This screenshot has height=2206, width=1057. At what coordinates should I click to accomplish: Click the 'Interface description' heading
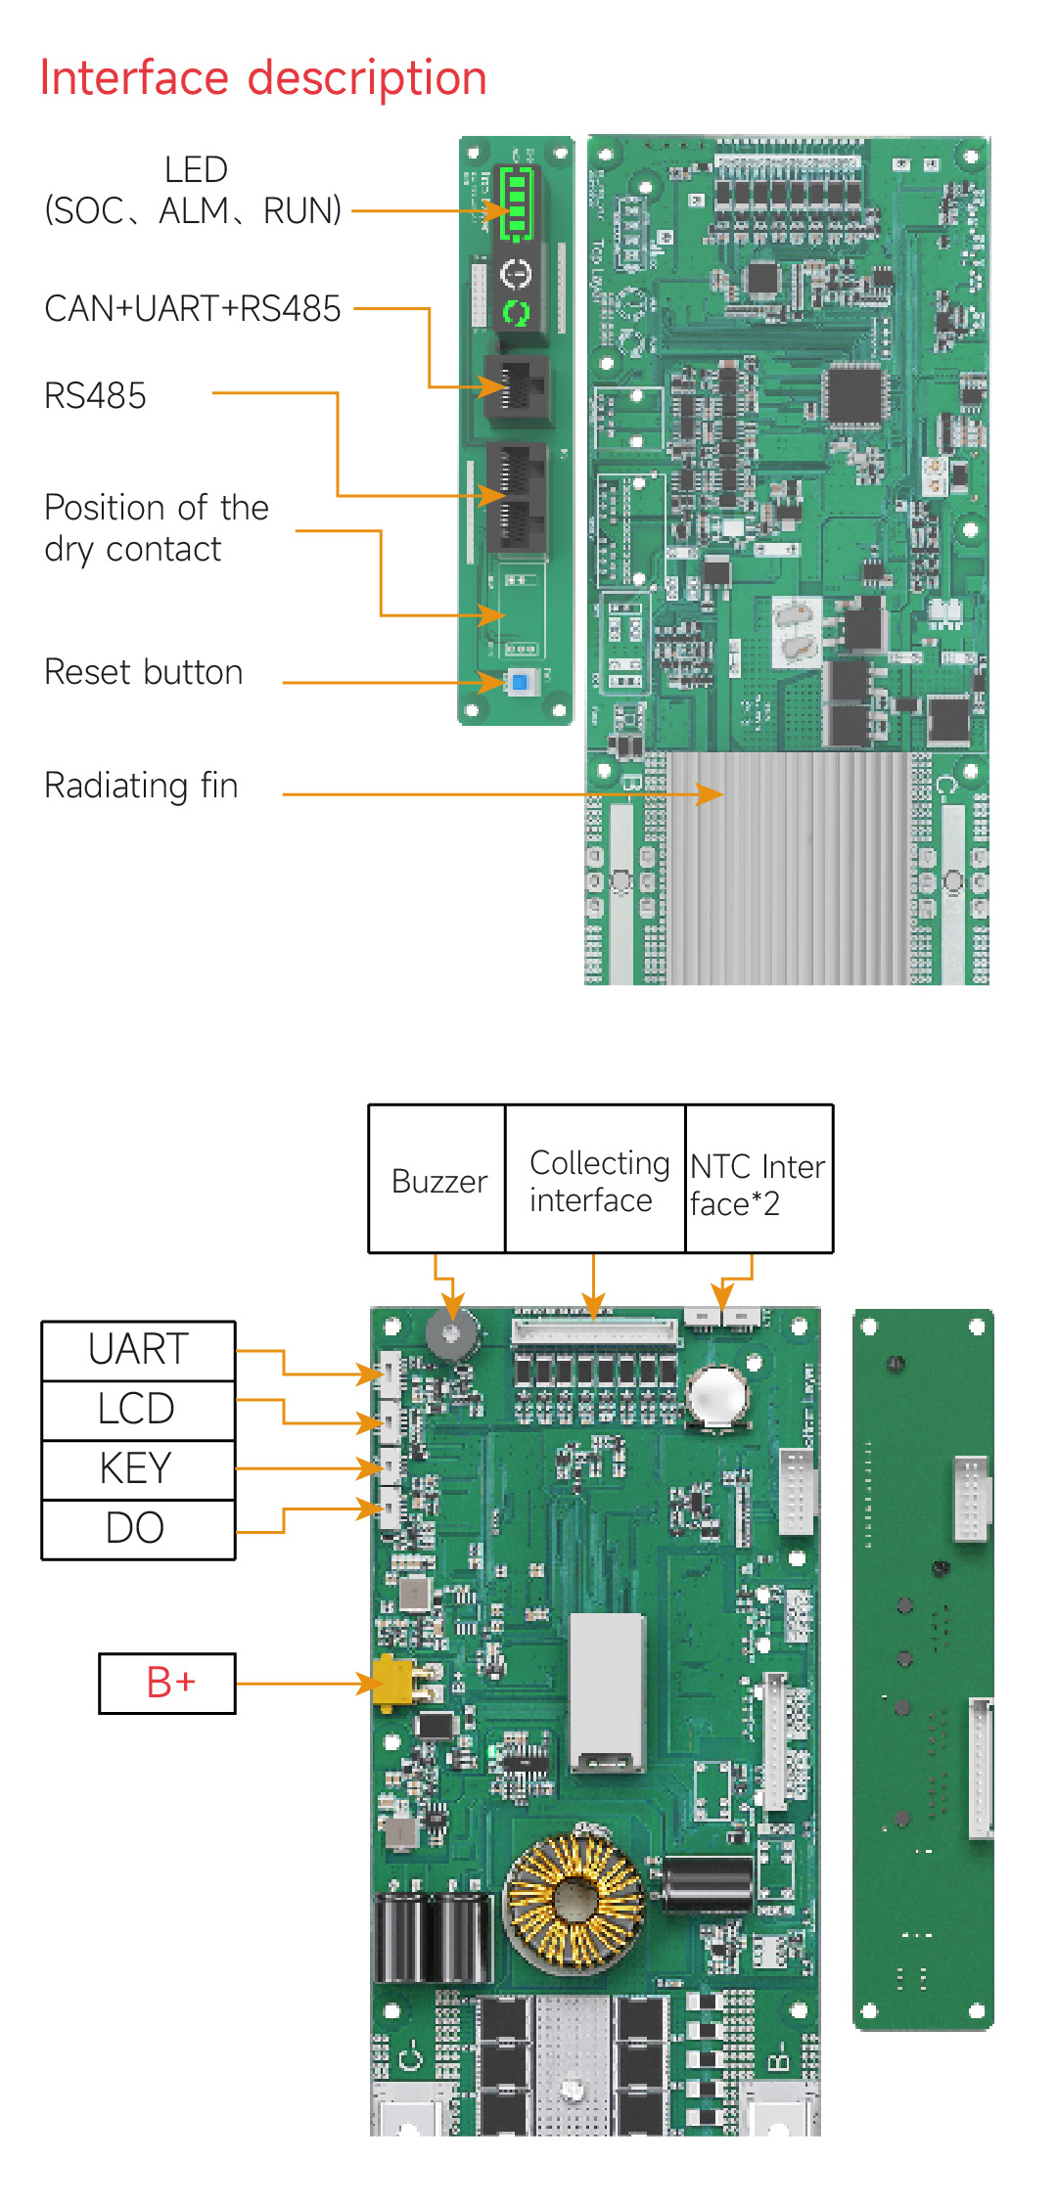coord(263,78)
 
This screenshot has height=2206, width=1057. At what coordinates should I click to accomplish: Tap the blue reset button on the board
coord(521,682)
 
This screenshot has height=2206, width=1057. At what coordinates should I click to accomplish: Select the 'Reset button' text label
coord(144,673)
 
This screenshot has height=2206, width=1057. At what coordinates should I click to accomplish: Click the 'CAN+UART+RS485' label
coord(193,309)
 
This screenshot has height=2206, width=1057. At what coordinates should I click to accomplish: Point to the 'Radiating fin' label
coord(142,786)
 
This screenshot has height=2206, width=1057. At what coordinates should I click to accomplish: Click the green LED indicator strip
coord(516,203)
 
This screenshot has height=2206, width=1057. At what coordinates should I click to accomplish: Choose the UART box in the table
coord(138,1350)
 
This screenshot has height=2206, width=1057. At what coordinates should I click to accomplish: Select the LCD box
coord(138,1410)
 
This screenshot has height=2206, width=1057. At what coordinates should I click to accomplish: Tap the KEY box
coord(138,1469)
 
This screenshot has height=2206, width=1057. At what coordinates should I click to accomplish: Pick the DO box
coord(138,1529)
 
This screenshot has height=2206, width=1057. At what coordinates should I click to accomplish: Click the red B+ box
coord(168,1683)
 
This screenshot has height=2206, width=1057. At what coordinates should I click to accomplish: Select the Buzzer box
coord(437,1180)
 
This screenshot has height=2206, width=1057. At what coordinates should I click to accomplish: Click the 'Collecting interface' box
coord(595,1180)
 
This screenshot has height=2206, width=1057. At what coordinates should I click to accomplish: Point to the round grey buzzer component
coord(451,1332)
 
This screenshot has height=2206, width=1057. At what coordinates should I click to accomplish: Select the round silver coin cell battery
coord(716,1394)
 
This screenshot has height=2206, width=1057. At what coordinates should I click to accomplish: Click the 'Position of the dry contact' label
coord(157,528)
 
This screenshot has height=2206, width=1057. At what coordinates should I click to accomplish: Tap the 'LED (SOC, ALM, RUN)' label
coord(194,191)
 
